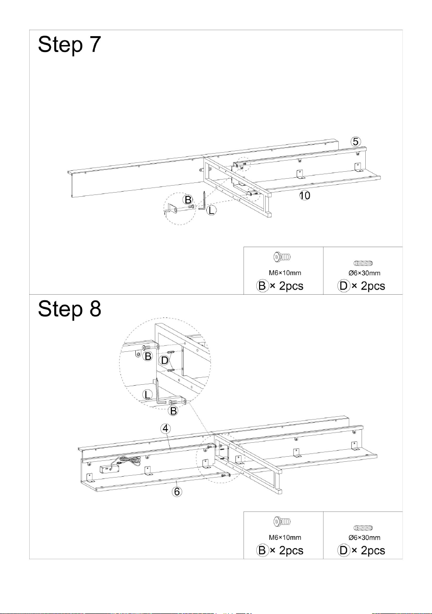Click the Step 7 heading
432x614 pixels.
point(70,45)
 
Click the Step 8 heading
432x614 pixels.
point(70,309)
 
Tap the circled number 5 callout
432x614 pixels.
point(356,142)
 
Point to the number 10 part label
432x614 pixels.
point(305,195)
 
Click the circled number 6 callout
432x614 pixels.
point(177,491)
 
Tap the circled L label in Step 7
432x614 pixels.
point(211,210)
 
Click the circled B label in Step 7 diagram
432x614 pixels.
point(188,200)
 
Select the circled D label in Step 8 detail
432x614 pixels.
point(165,360)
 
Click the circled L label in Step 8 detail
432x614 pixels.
point(147,395)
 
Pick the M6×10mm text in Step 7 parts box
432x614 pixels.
point(285,273)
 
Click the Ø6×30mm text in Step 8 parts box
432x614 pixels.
point(364,537)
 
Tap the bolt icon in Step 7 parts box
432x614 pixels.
point(282,257)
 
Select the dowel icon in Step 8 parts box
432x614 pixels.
point(363,528)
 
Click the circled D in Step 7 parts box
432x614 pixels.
point(343,286)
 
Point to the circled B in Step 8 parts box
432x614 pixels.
point(262,550)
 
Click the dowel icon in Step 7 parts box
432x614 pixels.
point(363,263)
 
